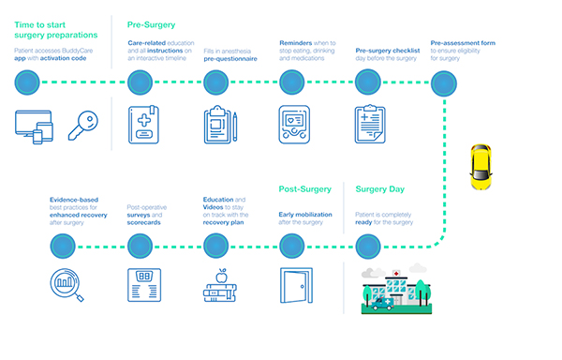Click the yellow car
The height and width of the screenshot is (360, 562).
coord(481,167)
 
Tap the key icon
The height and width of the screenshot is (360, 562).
coord(83,126)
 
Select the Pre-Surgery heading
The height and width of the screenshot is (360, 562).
coord(151,24)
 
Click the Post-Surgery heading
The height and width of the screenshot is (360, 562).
coord(305,189)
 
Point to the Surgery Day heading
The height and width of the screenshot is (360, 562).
coord(380,189)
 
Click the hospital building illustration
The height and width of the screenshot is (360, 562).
coord(396,291)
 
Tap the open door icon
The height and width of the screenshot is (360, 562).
coord(296,285)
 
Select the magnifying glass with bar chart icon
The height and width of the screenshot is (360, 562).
coord(67,285)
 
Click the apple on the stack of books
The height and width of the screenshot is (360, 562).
coord(221,276)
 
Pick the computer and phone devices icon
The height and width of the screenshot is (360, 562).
coord(34,127)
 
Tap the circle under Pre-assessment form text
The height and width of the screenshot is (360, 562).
coord(444,83)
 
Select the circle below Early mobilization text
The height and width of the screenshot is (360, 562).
coord(291,246)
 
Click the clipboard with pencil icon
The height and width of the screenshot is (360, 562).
coord(220,125)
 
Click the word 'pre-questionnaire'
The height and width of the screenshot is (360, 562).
coord(230,59)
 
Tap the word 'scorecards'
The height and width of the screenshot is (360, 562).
coord(143,223)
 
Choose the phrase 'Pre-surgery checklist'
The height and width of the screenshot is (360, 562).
coord(388,51)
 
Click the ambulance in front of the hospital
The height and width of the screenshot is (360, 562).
coord(382,304)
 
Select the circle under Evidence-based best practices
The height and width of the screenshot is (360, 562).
coord(63,246)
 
